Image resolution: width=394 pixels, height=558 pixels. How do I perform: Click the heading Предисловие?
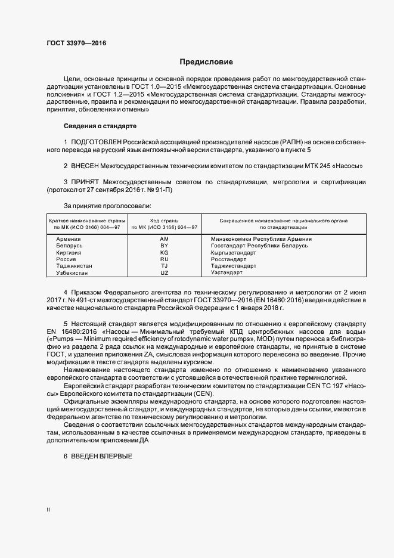(207, 62)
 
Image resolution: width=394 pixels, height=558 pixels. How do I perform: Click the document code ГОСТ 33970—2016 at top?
(73, 43)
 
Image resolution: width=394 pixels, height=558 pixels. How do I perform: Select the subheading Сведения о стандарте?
(100, 126)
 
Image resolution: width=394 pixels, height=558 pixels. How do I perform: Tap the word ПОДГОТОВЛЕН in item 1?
(96, 142)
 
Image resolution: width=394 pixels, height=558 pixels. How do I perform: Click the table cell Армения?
(69, 239)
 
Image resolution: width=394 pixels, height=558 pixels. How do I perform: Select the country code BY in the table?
(165, 246)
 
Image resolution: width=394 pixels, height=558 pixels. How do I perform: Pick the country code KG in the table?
(165, 253)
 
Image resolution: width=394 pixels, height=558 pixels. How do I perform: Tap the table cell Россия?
(66, 259)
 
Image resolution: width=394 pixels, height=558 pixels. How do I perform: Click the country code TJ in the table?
(165, 266)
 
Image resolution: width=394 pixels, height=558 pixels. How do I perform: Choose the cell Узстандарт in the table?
(227, 272)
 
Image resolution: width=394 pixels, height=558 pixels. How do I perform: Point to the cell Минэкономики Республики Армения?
(261, 239)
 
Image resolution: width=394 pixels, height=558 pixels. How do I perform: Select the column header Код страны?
(165, 221)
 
